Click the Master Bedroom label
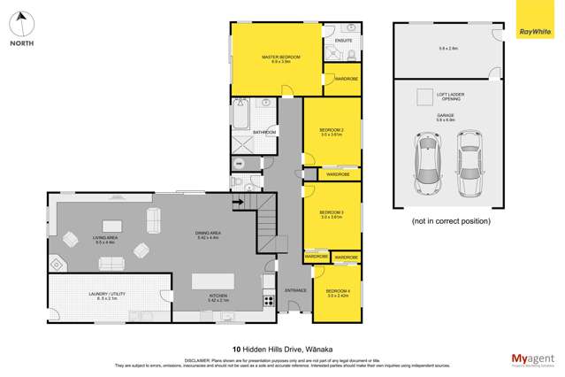[280, 59]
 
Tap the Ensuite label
[343, 41]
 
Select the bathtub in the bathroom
[241, 116]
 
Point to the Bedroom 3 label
[332, 214]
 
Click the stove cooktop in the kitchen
[268, 302]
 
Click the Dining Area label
[208, 235]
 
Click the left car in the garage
[427, 164]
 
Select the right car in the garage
[470, 164]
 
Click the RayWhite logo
[538, 19]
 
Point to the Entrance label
[294, 289]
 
